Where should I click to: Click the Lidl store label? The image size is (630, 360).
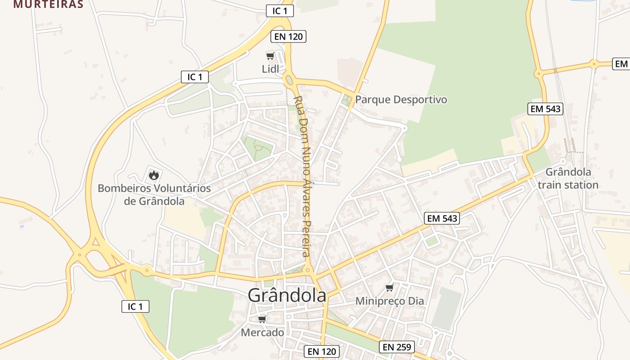[x=270, y=69]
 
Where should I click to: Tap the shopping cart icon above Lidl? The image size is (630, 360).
[x=270, y=56]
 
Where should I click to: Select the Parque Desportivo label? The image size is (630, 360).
[x=401, y=99]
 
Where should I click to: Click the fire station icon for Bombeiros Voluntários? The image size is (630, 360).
[x=154, y=175]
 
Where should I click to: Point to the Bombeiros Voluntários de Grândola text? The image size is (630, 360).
[x=154, y=194]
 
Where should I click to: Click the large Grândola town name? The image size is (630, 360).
[x=287, y=295]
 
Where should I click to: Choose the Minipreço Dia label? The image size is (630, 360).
[x=390, y=301]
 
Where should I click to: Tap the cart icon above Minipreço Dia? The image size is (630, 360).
[x=389, y=288]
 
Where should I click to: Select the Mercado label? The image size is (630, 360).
[x=263, y=333]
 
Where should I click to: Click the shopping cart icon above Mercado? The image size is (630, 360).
[x=262, y=319]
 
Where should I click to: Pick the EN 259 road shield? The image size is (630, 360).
[x=396, y=347]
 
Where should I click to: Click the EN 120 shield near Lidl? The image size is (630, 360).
[x=288, y=36]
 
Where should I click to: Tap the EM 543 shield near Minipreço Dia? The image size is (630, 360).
[x=442, y=219]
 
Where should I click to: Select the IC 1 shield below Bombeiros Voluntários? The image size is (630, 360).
[x=135, y=306]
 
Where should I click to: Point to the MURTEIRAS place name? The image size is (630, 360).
[x=49, y=4]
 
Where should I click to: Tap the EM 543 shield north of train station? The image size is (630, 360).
[x=545, y=108]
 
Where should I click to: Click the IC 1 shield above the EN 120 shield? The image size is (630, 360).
[x=280, y=11]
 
